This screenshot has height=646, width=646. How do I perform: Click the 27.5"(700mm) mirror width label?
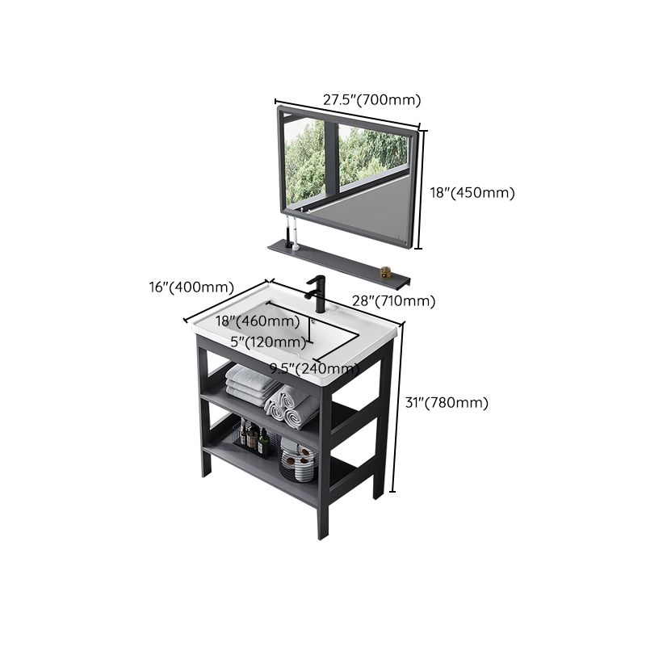372,100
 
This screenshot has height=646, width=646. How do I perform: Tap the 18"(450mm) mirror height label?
471,192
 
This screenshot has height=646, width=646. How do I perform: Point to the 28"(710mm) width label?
393,301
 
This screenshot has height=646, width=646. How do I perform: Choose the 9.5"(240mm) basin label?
315,369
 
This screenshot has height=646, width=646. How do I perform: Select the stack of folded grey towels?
250,381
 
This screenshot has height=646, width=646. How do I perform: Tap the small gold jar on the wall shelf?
386,272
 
